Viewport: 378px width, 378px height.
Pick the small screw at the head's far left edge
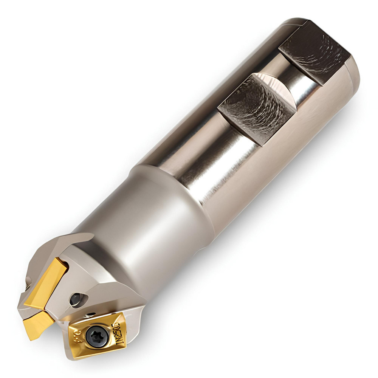click(28, 282)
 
